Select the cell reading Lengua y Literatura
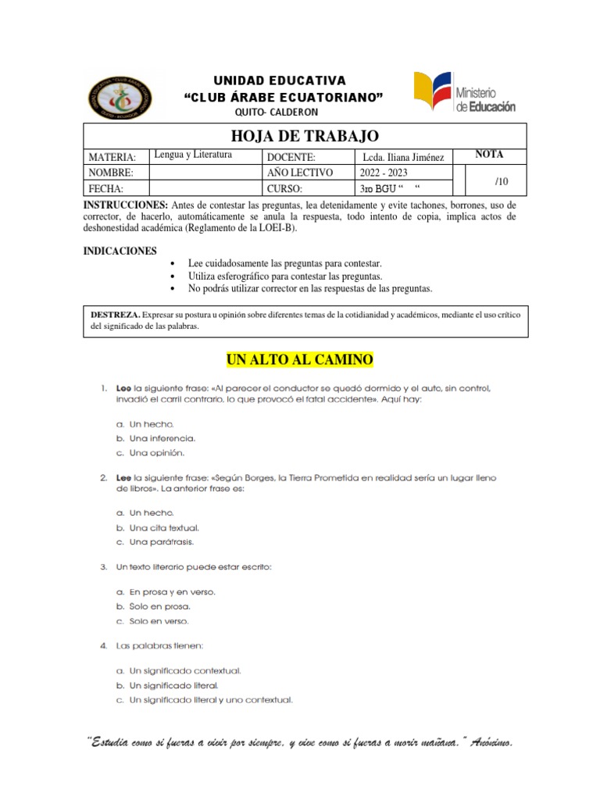coord(194,155)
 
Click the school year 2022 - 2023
coord(384,173)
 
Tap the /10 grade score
coord(502,181)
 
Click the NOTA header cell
coord(489,155)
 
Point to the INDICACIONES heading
coord(120,251)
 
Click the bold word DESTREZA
coord(116,314)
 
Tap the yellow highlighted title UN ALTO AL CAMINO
coord(300,359)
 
